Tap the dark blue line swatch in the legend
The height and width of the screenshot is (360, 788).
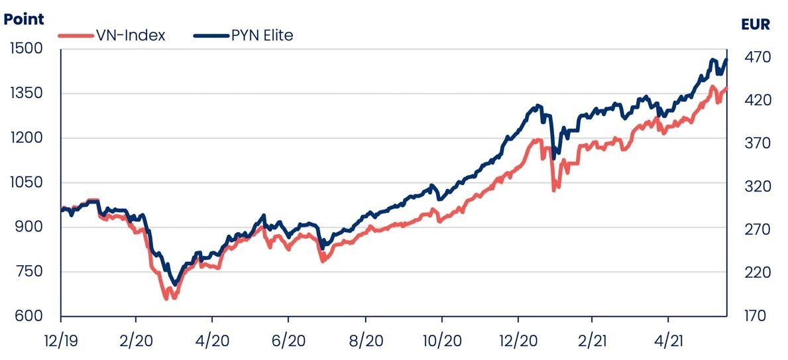[211, 36]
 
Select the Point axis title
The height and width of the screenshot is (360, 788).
[24, 19]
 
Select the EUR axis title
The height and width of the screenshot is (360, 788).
[756, 25]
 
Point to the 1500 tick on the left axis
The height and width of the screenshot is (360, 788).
[26, 49]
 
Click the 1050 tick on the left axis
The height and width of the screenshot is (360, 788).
[26, 183]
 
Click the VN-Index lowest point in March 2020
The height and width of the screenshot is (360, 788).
[166, 298]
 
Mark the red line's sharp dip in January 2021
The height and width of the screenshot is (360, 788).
[554, 190]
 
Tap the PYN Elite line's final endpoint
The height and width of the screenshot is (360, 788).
[726, 60]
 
